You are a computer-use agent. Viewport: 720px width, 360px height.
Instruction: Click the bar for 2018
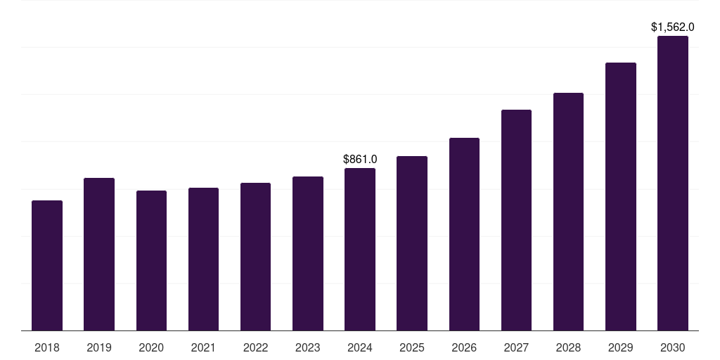(x=47, y=266)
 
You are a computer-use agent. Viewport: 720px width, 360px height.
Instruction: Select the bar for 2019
(x=99, y=255)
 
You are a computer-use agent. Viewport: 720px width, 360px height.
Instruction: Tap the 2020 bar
(x=151, y=261)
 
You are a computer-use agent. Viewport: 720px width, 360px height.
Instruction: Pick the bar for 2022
(x=255, y=257)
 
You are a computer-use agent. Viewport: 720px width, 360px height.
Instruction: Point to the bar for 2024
(x=360, y=250)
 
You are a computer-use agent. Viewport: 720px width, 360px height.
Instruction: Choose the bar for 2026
(x=464, y=234)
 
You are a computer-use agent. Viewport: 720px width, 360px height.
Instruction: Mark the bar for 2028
(x=568, y=212)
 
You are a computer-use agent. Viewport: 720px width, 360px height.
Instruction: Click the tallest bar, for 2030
(x=673, y=184)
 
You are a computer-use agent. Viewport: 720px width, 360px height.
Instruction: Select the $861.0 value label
(x=360, y=160)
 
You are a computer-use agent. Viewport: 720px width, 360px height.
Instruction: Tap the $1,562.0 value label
(x=673, y=27)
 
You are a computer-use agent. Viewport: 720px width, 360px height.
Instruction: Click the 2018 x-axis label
(x=47, y=347)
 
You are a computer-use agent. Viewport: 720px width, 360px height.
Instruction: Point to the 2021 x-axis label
(x=203, y=347)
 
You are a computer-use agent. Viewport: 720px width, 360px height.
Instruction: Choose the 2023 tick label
(x=307, y=347)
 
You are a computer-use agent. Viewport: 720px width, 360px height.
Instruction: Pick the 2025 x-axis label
(x=412, y=347)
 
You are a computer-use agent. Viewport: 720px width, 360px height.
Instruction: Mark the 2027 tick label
(x=516, y=347)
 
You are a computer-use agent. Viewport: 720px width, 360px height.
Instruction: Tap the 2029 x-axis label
(x=620, y=347)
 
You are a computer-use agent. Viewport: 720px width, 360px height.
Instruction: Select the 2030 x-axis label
(x=673, y=347)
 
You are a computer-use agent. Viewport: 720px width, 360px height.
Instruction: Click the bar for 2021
(x=203, y=259)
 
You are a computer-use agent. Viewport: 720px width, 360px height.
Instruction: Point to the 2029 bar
(x=620, y=197)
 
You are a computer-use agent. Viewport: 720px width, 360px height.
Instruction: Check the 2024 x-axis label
(x=360, y=347)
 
